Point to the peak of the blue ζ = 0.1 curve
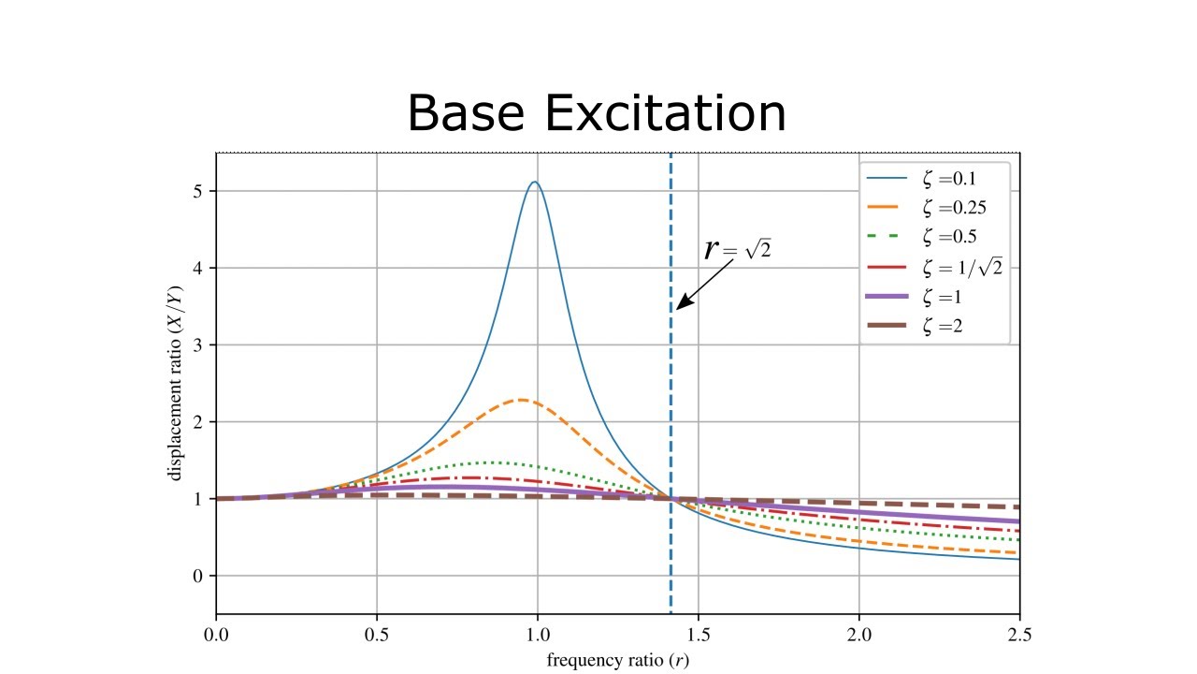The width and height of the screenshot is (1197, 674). point(534,183)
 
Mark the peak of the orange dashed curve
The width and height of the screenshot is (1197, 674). point(521,400)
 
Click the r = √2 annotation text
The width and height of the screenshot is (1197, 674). point(737,249)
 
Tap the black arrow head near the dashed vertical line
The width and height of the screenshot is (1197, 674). point(680,305)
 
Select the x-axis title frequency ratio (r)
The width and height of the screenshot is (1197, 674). point(618,659)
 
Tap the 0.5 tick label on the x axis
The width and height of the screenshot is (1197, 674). point(376,634)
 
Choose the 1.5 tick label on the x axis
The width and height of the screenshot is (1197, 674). point(698,634)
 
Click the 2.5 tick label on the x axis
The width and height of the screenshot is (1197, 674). point(1018,634)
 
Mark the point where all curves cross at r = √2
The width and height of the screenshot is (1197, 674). point(671,499)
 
